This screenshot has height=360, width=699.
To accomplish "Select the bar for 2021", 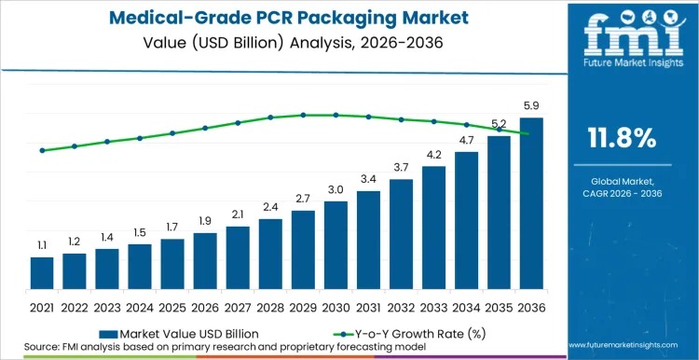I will pos(42,272).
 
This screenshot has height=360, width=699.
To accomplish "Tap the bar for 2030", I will pos(336,244).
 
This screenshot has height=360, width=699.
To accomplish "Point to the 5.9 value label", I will pos(531,106).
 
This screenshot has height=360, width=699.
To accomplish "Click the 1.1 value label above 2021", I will pos(42,245).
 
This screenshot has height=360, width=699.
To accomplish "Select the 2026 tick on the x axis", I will pos(205,305).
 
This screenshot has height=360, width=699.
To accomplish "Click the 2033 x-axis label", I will pos(433,305).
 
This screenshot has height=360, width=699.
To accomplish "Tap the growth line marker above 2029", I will pos(303,115).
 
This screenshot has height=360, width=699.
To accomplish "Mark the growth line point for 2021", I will pos(42,150).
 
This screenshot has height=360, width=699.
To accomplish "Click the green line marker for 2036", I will pos(531,134).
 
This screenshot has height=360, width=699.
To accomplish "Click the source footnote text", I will pos(233,347).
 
